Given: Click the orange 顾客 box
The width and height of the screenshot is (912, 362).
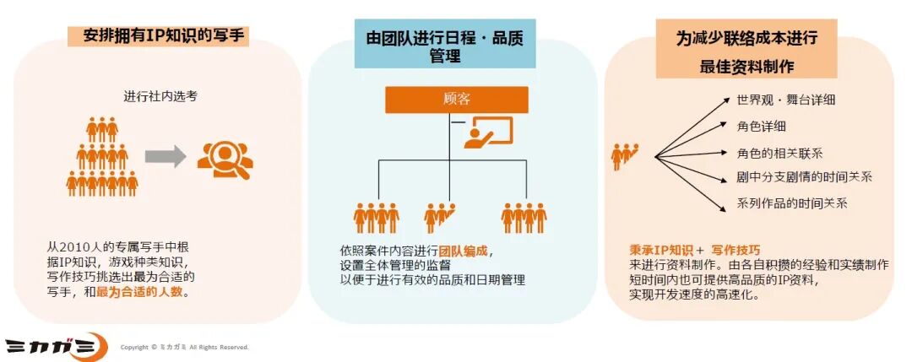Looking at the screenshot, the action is point(456,100).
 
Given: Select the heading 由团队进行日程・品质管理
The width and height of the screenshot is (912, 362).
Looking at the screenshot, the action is point(455,46).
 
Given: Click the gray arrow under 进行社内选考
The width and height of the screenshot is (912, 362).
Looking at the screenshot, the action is point(165,155).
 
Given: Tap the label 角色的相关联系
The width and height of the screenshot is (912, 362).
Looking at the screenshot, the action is point(779,153).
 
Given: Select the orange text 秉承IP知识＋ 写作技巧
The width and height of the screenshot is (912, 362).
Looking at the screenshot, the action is point(694,250).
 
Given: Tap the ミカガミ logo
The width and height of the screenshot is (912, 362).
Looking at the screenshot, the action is point(56,346).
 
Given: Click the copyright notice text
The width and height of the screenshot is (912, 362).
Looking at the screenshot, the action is point(184,347).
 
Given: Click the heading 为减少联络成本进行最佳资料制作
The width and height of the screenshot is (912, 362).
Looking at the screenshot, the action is point(746,51).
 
